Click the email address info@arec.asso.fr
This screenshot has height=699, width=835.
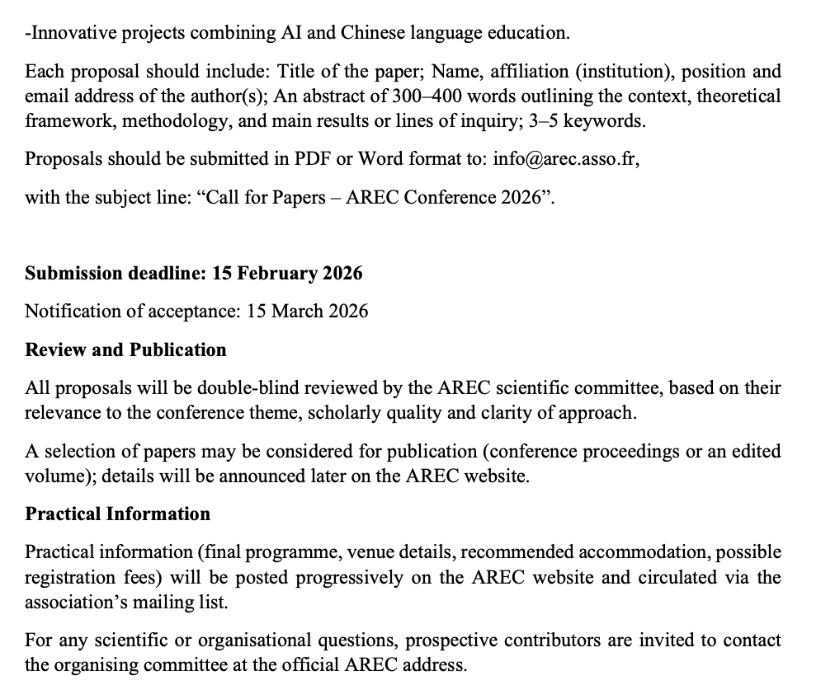click(x=566, y=159)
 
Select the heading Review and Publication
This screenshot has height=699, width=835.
click(x=125, y=349)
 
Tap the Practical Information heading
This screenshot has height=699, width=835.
click(x=117, y=514)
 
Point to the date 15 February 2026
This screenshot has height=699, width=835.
click(x=287, y=273)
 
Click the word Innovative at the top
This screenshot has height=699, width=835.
click(x=68, y=34)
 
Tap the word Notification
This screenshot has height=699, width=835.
click(x=72, y=311)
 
